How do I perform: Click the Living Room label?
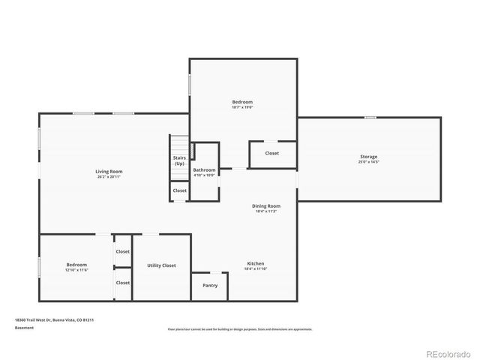click(109, 172)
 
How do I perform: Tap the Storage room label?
click(368, 156)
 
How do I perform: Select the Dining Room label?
click(265, 205)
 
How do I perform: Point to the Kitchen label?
click(256, 263)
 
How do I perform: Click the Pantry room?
click(210, 285)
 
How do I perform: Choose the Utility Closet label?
click(161, 265)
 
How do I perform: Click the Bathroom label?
click(204, 170)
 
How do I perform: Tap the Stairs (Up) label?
click(179, 160)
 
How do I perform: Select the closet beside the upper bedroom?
click(271, 153)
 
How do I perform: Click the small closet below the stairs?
click(180, 190)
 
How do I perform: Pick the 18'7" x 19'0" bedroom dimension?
click(242, 107)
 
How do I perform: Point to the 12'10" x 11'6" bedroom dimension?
click(76, 270)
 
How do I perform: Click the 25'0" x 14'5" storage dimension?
click(368, 162)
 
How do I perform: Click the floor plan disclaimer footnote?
click(240, 329)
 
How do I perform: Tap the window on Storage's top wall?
click(370, 118)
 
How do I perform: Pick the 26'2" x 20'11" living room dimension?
click(109, 177)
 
